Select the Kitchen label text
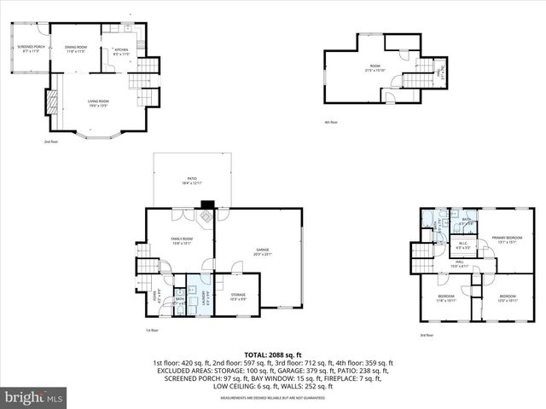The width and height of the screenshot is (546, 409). pyautogui.click(x=121, y=51)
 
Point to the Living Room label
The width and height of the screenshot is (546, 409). pyautogui.click(x=98, y=103)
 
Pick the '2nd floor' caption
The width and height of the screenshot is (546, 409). pyautogui.click(x=51, y=141)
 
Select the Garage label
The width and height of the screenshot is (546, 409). pyautogui.click(x=263, y=251)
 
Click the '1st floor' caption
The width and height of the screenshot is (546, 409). pyautogui.click(x=151, y=329)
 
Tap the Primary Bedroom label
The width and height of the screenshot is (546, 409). pyautogui.click(x=506, y=239)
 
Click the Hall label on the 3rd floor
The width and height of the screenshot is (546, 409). pyautogui.click(x=460, y=263)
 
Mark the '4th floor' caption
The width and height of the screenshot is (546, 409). pyautogui.click(x=331, y=123)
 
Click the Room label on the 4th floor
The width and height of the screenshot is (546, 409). pyautogui.click(x=374, y=68)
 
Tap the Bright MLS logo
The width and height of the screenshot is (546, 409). pyautogui.click(x=34, y=398)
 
